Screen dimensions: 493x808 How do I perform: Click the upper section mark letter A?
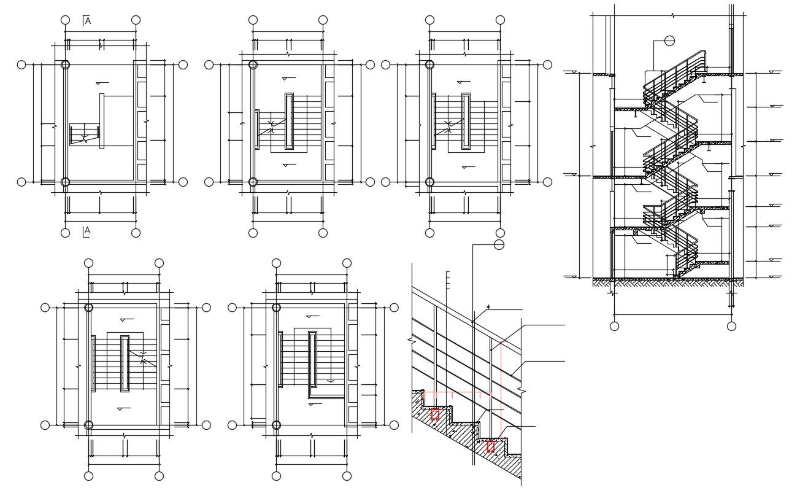click(x=87, y=21)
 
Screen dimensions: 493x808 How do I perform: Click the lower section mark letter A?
click(x=87, y=231)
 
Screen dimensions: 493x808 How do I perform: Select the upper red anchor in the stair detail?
click(x=435, y=415)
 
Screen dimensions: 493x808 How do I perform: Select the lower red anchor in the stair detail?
click(x=491, y=447)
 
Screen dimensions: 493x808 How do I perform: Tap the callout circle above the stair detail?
click(x=499, y=245)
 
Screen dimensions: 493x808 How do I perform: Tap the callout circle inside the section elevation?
click(x=669, y=41)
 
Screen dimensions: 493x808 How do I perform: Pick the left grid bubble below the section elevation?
click(x=614, y=326)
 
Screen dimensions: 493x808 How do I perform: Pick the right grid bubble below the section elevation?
click(x=731, y=326)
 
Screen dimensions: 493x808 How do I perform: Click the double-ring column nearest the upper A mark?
click(x=66, y=64)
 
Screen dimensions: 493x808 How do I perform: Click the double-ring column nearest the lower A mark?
click(x=66, y=182)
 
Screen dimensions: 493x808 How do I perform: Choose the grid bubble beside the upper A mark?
click(x=66, y=20)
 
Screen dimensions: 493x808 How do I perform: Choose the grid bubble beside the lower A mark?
click(x=66, y=233)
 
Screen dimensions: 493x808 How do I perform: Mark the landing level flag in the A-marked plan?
click(x=102, y=82)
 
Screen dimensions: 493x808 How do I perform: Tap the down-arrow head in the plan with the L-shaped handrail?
click(x=331, y=380)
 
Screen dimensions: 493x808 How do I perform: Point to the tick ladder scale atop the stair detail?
click(x=448, y=280)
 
